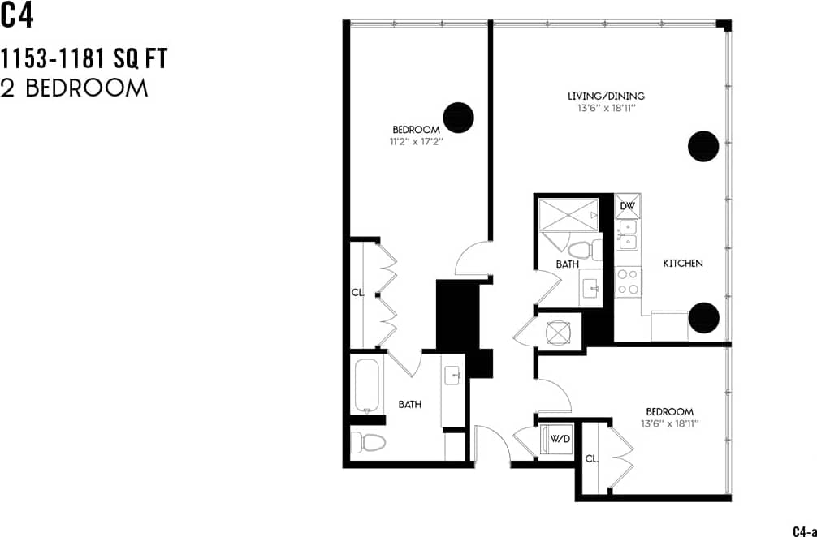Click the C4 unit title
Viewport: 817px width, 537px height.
(18, 16)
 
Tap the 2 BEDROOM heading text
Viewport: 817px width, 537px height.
(75, 88)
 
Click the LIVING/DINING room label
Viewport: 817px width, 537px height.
(606, 97)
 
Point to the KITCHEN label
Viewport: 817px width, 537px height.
(683, 264)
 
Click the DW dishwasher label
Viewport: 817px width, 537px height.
(627, 206)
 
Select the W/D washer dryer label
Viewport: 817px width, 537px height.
(560, 440)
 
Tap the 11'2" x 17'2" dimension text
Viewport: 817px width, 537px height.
(416, 140)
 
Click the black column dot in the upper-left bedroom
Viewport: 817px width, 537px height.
(458, 117)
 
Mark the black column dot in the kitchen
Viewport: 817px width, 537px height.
(703, 318)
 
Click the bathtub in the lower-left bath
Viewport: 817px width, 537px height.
(367, 386)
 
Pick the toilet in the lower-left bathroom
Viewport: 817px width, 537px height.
(370, 442)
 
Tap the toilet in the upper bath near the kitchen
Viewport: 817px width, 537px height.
(581, 249)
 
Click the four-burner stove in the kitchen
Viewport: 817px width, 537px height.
(628, 281)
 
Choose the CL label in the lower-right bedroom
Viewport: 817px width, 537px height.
(591, 459)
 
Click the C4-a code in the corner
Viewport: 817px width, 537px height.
(803, 531)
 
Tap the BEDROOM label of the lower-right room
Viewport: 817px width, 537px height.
(669, 411)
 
